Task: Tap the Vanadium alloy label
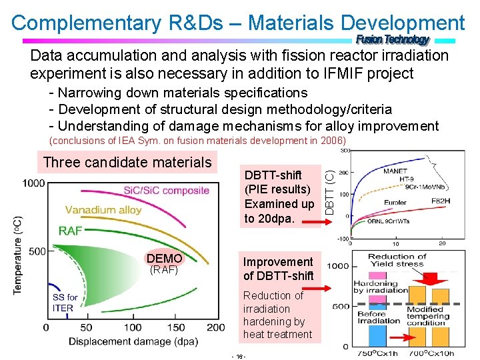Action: (103, 209)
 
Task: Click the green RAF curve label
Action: (71, 231)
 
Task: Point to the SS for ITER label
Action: (65, 303)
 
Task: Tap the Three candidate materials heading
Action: (127, 162)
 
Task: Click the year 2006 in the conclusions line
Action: (333, 141)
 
